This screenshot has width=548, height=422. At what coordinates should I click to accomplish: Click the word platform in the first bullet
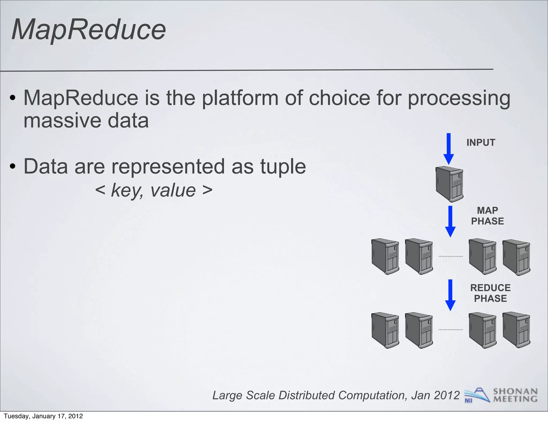(240, 98)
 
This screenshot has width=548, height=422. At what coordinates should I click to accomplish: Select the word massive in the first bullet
(62, 121)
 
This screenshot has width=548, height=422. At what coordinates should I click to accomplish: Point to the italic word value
(173, 191)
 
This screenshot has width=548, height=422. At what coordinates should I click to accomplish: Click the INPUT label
(481, 142)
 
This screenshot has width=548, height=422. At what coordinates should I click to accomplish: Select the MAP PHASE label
(487, 216)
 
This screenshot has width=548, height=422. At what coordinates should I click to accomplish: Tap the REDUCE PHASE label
(490, 293)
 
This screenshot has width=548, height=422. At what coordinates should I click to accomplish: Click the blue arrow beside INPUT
(449, 149)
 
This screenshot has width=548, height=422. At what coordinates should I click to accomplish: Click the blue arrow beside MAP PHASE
(450, 221)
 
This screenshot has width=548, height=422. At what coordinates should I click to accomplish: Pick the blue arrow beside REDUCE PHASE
(450, 295)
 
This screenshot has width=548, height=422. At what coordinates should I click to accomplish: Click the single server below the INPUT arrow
(450, 184)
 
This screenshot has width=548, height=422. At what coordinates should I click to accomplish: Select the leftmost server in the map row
(385, 257)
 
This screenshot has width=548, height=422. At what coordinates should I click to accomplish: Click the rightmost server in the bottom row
(516, 330)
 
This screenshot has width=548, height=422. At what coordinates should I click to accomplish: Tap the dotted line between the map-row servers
(451, 256)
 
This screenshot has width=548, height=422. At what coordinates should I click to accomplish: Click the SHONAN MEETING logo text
(515, 395)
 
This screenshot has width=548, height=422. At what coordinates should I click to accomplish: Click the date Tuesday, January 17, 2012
(43, 416)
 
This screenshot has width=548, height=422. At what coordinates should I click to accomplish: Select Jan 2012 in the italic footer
(435, 395)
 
